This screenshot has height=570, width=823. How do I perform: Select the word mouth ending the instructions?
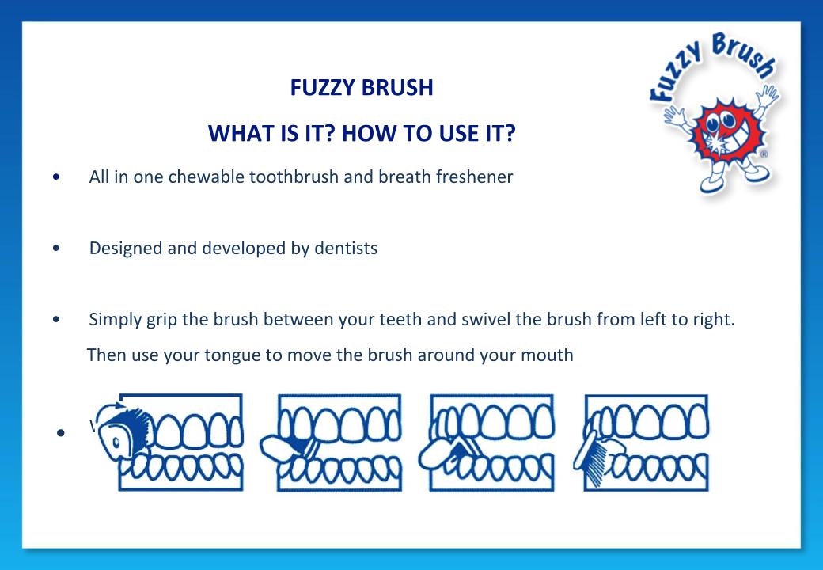tap(547, 355)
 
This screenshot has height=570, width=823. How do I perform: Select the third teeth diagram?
tap(484, 443)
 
